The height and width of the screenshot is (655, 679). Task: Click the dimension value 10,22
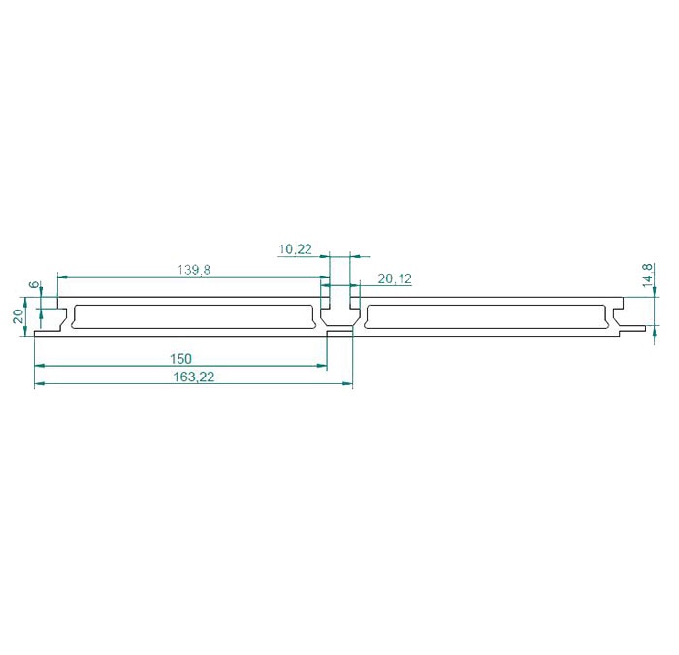click(295, 249)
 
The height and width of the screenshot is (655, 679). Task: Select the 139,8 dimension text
click(194, 270)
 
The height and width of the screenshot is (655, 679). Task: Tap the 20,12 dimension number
click(395, 279)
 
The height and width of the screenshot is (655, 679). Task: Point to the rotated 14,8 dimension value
click(648, 275)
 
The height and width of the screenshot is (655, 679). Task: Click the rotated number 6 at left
click(34, 284)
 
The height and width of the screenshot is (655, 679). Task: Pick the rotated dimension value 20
click(18, 316)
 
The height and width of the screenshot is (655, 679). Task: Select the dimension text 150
click(180, 359)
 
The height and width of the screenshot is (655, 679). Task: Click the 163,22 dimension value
click(194, 377)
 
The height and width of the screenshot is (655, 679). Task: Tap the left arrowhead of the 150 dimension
click(40, 366)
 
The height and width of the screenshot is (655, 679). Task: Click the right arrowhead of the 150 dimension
click(322, 366)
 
